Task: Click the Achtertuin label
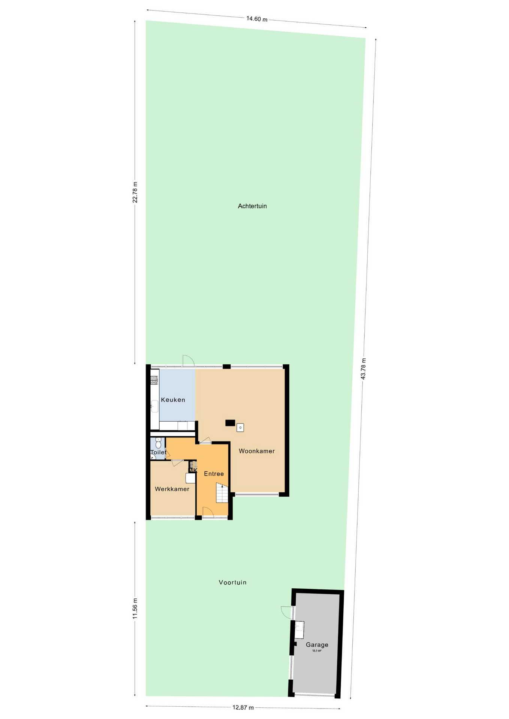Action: [x=252, y=206]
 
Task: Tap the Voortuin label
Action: [x=232, y=582]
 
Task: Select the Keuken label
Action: [x=173, y=400]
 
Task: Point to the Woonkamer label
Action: [x=257, y=451]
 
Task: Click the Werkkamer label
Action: [x=172, y=489]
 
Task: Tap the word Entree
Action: [x=214, y=474]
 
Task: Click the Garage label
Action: [x=317, y=644]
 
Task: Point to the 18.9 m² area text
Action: [x=317, y=651]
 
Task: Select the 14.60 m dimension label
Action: [x=257, y=19]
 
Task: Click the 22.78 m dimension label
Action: [x=135, y=192]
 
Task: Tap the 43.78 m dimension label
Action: [x=363, y=369]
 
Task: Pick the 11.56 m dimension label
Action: [x=135, y=609]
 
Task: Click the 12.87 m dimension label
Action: [x=243, y=707]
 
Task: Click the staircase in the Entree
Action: [x=222, y=492]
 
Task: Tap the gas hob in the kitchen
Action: [x=154, y=380]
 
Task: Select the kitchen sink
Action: [x=154, y=406]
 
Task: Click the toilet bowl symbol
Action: [x=158, y=444]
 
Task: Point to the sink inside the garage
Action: [x=299, y=630]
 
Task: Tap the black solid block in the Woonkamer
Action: [x=230, y=423]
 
